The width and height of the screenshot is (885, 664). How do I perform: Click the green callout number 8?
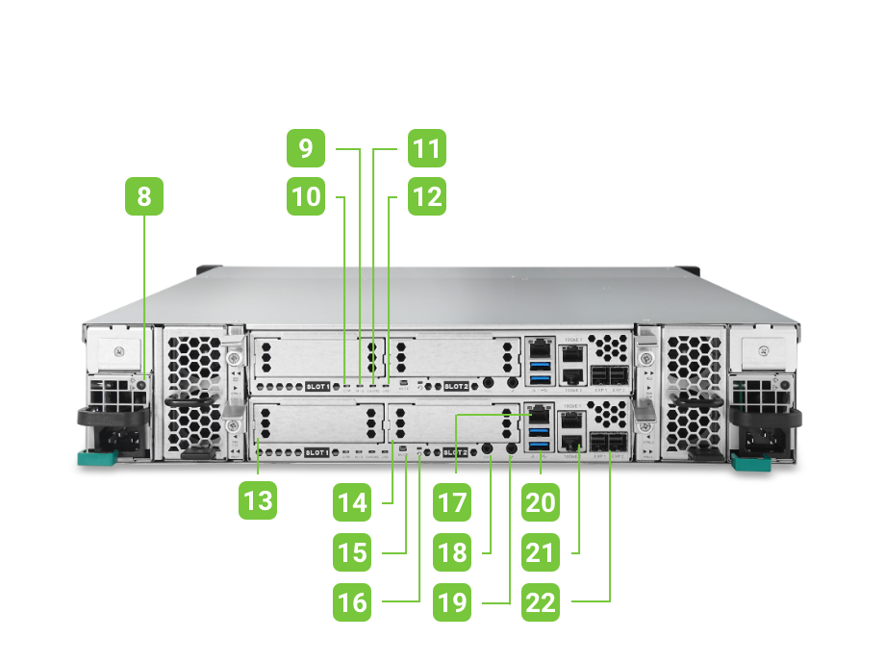click(x=144, y=197)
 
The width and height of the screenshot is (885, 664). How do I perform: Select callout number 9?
click(x=305, y=149)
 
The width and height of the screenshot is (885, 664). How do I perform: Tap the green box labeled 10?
click(x=305, y=197)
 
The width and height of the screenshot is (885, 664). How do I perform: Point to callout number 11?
click(x=425, y=149)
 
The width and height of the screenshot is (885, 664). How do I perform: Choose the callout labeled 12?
click(x=425, y=197)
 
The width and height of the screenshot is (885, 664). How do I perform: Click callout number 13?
click(x=259, y=500)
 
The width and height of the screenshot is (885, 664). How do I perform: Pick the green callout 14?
click(x=353, y=502)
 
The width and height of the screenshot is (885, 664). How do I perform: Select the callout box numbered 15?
click(x=353, y=552)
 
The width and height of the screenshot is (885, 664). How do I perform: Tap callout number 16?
click(x=353, y=602)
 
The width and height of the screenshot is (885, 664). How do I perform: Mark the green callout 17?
click(x=450, y=502)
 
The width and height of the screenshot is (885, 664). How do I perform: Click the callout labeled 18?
click(x=450, y=552)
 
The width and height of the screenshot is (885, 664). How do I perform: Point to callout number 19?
click(x=450, y=602)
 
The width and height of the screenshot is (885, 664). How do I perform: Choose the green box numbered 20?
click(x=541, y=502)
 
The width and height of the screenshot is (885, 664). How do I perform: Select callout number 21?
click(x=541, y=552)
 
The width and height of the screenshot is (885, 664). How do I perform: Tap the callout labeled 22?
click(x=541, y=602)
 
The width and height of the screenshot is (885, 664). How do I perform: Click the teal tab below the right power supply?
click(x=751, y=463)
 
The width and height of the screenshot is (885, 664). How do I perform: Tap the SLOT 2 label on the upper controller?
click(x=455, y=387)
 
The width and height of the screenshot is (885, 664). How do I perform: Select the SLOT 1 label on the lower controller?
click(x=317, y=452)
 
